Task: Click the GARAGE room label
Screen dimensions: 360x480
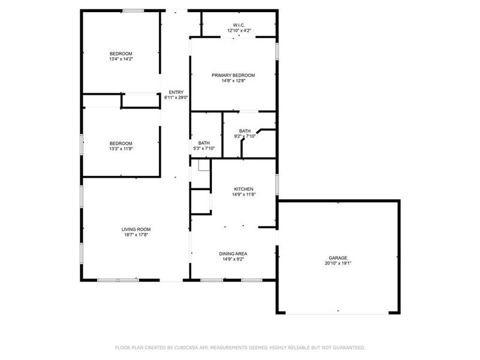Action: point(338,258)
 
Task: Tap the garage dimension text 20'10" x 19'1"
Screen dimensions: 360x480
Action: point(338,263)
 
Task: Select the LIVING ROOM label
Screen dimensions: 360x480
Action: point(136,229)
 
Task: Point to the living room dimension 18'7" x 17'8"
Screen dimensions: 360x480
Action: point(136,235)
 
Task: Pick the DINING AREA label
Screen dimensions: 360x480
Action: point(233,254)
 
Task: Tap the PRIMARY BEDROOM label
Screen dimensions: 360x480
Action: point(233,75)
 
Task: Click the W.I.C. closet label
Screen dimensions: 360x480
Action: point(239,25)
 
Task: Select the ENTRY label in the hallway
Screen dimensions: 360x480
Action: point(176,92)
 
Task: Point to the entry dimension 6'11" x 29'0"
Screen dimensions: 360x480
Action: point(176,98)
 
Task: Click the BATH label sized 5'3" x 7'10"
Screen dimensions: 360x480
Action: point(204,143)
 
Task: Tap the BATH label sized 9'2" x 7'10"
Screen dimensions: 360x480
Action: point(245,131)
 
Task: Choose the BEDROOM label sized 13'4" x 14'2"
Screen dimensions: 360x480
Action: point(121,53)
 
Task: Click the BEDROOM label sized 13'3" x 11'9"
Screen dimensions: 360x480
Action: point(121,143)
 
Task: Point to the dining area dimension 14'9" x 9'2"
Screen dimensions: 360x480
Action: point(233,259)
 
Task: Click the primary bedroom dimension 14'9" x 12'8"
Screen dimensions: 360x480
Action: point(233,80)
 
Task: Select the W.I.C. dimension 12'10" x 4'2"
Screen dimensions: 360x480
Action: point(239,30)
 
